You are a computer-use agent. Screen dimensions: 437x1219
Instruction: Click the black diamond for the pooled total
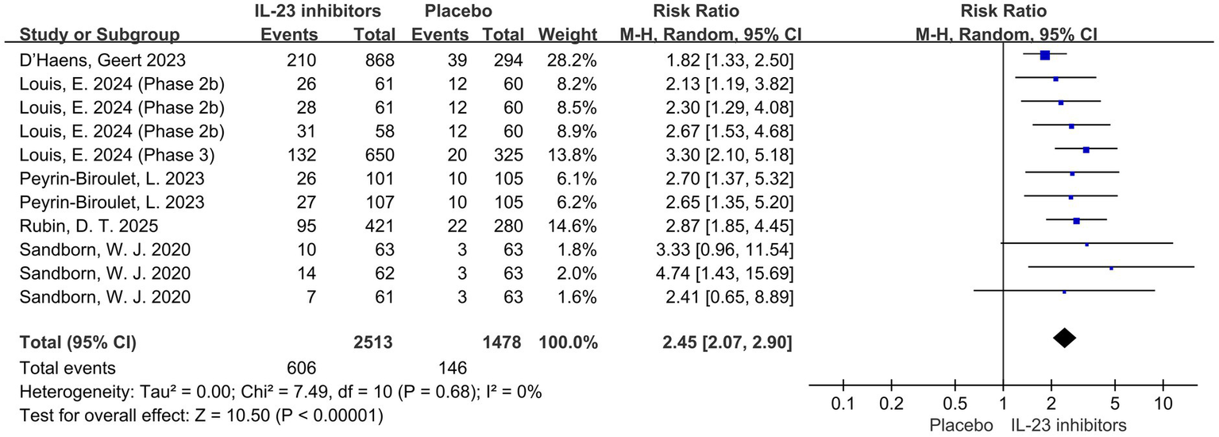pyautogui.click(x=1064, y=338)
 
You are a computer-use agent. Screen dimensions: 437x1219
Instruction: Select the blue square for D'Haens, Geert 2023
pyautogui.click(x=1045, y=55)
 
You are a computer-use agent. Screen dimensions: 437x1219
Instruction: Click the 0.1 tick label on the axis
pyautogui.click(x=843, y=404)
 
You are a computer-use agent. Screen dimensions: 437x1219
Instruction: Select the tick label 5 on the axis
pyautogui.click(x=1115, y=404)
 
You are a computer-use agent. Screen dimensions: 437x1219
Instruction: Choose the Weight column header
pyautogui.click(x=567, y=34)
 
